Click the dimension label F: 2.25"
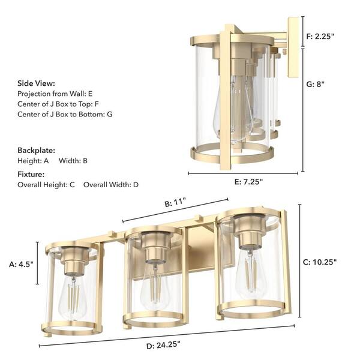pyautogui.click(x=320, y=36)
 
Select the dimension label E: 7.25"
pyautogui.click(x=244, y=181)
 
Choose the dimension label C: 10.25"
pyautogui.click(x=320, y=262)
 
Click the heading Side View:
pyautogui.click(x=36, y=83)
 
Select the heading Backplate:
pyautogui.click(x=36, y=150)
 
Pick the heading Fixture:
pyautogui.click(x=32, y=174)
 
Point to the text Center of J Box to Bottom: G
pyautogui.click(x=65, y=114)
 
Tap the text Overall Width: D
pyautogui.click(x=111, y=185)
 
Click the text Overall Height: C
pyautogui.click(x=46, y=185)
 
